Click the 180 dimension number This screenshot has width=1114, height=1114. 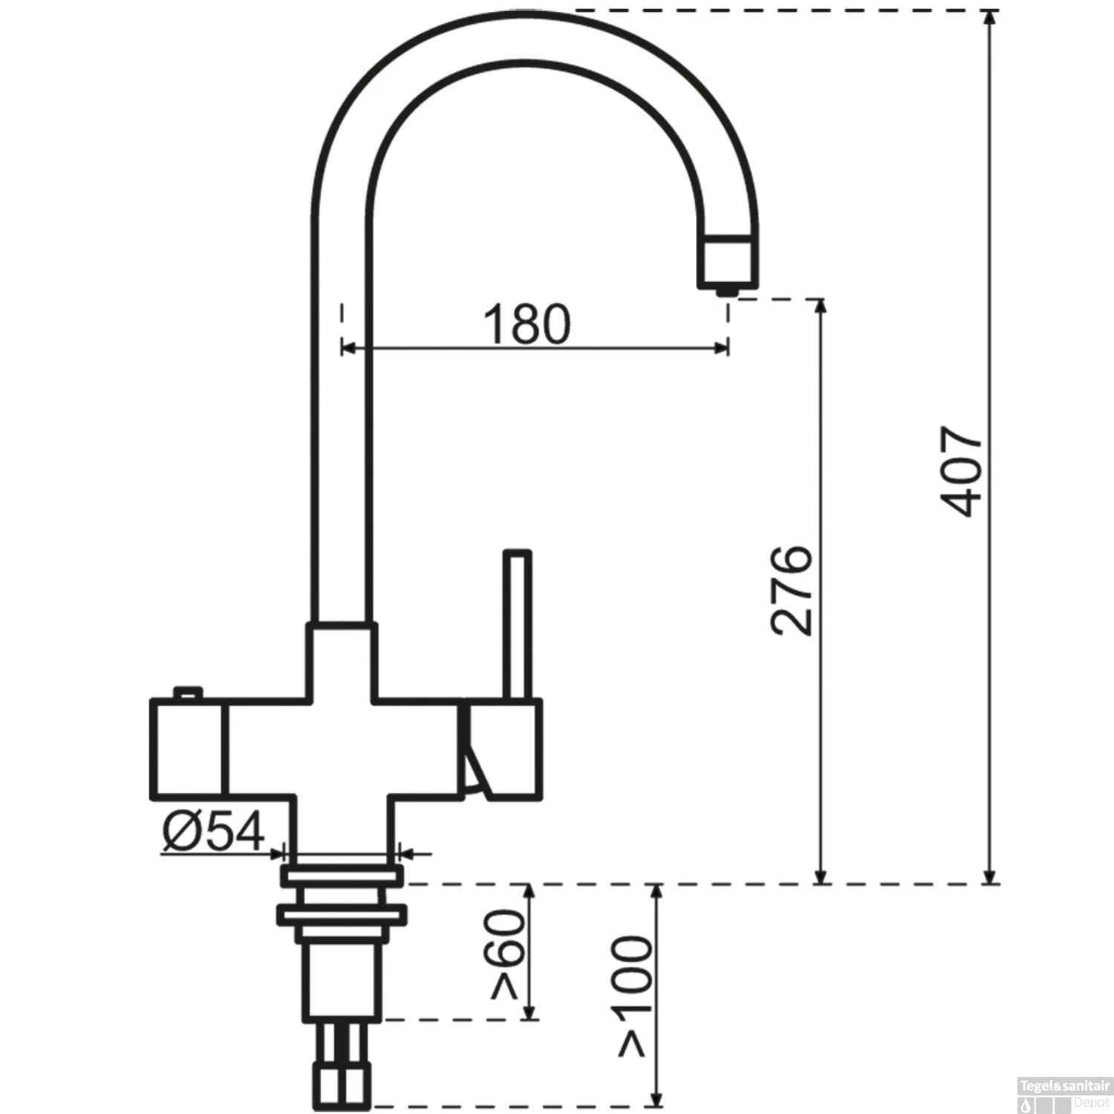click(x=527, y=324)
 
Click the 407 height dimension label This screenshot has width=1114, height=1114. click(x=962, y=471)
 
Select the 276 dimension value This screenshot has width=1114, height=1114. click(x=792, y=590)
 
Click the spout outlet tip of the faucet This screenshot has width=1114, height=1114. click(x=727, y=290)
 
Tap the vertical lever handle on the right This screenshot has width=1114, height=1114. click(x=517, y=624)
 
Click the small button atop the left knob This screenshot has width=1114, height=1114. click(x=188, y=692)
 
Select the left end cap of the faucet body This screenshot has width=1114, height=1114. click(x=186, y=749)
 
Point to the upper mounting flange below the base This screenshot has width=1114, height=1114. click(x=342, y=875)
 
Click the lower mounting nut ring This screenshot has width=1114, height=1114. click(x=342, y=914)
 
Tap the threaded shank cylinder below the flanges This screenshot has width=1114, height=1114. click(x=342, y=980)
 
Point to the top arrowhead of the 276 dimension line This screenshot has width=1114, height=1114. click(x=821, y=307)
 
